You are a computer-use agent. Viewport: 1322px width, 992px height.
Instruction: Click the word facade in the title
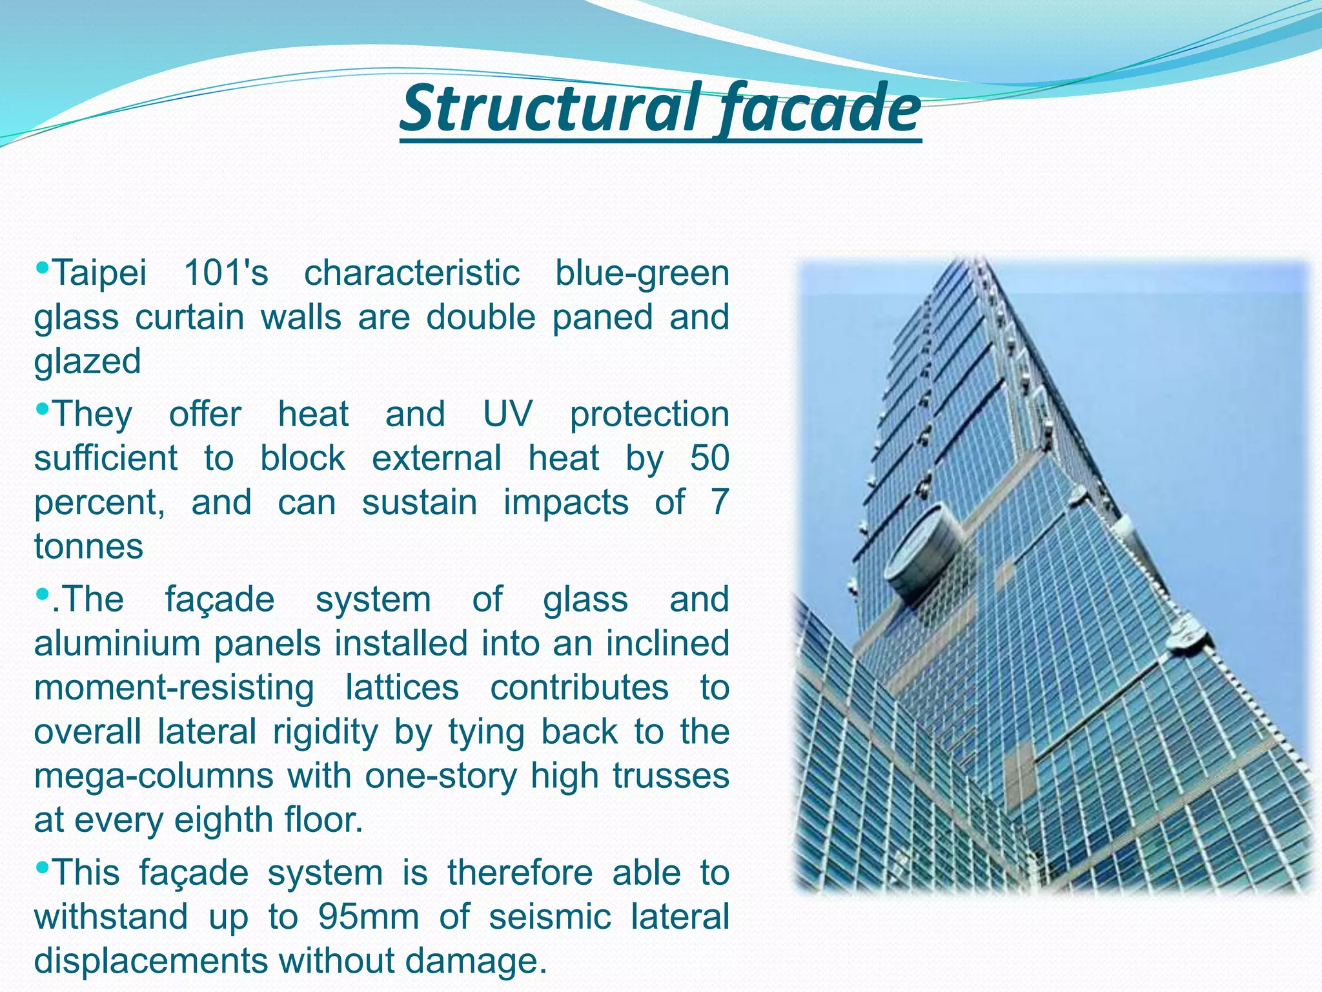tap(819, 108)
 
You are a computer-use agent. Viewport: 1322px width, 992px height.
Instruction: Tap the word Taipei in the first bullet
tap(100, 274)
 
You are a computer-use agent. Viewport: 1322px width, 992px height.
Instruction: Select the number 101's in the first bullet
tap(226, 273)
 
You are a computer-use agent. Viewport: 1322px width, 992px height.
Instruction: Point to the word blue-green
tap(642, 274)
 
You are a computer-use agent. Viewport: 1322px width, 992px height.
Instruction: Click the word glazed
tap(88, 362)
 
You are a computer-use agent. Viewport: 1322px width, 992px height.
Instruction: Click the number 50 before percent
tap(709, 458)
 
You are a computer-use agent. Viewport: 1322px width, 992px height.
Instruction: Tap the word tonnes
tap(88, 546)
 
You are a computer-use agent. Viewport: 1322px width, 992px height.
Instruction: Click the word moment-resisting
tap(174, 687)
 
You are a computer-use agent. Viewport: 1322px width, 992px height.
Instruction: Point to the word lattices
tap(402, 687)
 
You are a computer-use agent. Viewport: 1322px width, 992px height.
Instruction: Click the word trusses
tap(671, 776)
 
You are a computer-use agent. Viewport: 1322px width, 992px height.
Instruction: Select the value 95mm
tap(369, 917)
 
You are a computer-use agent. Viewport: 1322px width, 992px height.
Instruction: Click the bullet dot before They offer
tap(43, 408)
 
